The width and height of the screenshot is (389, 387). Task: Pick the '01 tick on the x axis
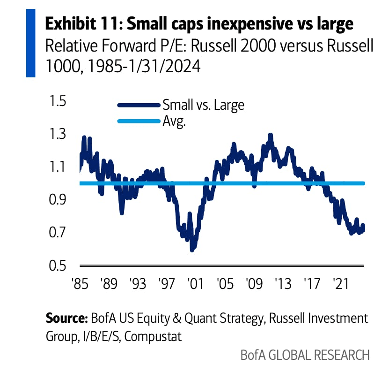pyautogui.click(x=195, y=284)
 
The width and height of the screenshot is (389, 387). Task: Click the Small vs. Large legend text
pyautogui.click(x=203, y=105)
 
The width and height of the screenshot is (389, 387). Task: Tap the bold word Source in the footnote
pyautogui.click(x=66, y=319)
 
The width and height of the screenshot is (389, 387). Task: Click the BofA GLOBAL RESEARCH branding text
pyautogui.click(x=305, y=355)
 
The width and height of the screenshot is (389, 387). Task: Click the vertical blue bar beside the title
pyautogui.click(x=30, y=43)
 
